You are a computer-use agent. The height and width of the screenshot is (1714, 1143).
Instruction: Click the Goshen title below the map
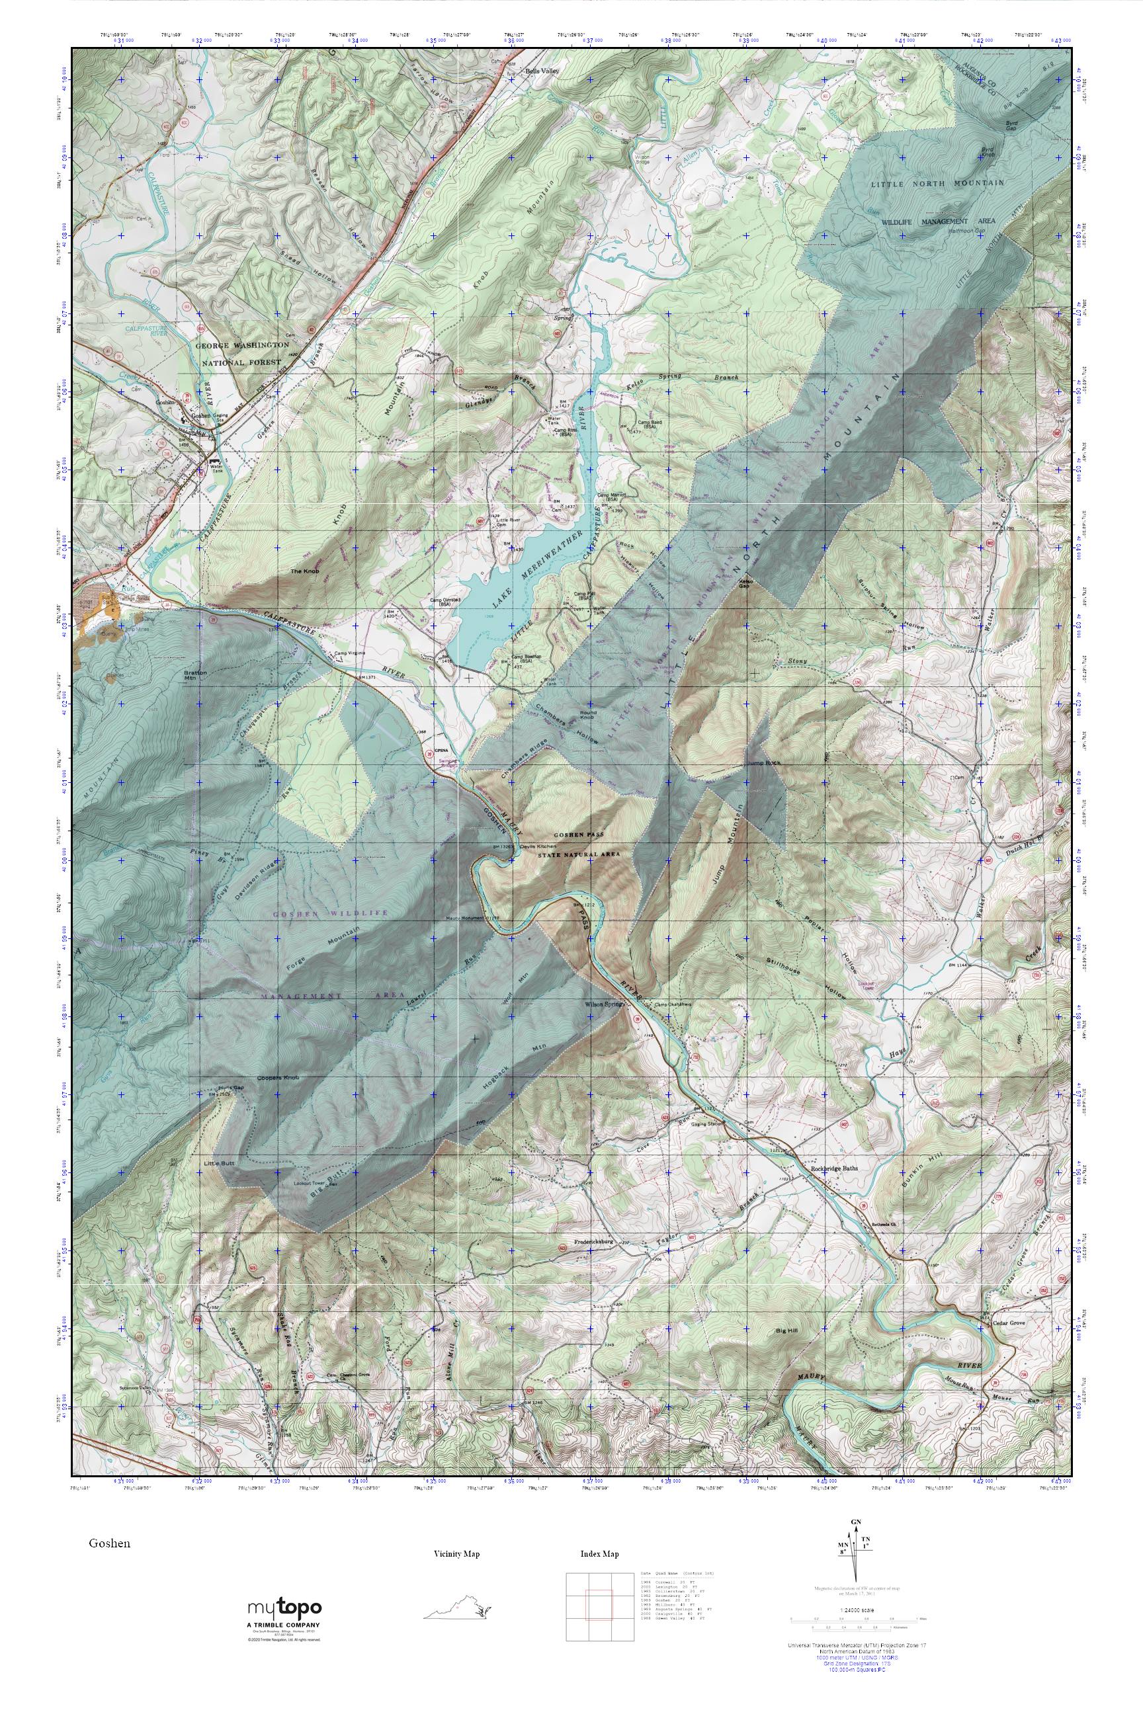[109, 1543]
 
